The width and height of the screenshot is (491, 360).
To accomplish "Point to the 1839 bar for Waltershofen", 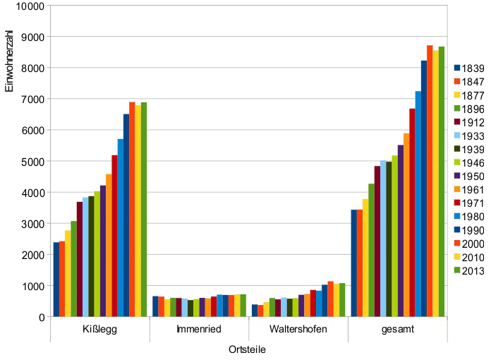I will pyautogui.click(x=255, y=311).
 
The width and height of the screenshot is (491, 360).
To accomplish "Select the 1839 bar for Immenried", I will pyautogui.click(x=155, y=306).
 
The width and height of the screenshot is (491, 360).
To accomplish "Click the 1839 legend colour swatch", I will pyautogui.click(x=457, y=68).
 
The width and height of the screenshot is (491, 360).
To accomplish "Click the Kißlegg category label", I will pyautogui.click(x=99, y=330).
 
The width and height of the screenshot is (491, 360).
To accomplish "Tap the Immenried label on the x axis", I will pyautogui.click(x=199, y=330).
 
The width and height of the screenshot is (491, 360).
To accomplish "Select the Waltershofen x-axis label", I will pyautogui.click(x=298, y=330).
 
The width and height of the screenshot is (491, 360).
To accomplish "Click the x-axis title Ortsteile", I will pyautogui.click(x=248, y=350).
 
